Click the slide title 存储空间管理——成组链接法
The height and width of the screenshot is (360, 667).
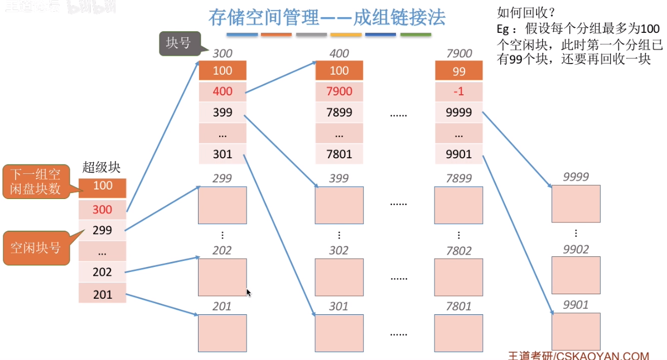(327, 17)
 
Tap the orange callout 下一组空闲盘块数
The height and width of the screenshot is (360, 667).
(35, 181)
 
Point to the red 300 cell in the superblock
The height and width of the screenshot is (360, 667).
(103, 210)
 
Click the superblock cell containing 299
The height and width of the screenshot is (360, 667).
(103, 230)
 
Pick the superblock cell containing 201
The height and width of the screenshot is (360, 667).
(103, 294)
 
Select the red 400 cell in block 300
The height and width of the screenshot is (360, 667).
(223, 91)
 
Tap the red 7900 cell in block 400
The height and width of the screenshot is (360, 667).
(339, 91)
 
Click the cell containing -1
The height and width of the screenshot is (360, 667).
(458, 91)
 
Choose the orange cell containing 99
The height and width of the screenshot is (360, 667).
(458, 71)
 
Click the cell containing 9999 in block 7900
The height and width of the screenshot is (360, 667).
(458, 113)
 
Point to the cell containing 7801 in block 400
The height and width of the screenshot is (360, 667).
(339, 154)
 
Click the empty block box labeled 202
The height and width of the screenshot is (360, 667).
(222, 278)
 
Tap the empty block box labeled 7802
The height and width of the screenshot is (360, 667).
(458, 278)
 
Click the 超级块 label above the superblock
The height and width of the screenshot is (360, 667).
(101, 167)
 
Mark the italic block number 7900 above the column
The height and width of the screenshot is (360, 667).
(459, 53)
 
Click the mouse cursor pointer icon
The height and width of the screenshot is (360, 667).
(249, 293)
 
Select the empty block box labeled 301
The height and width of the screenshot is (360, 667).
(339, 333)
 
